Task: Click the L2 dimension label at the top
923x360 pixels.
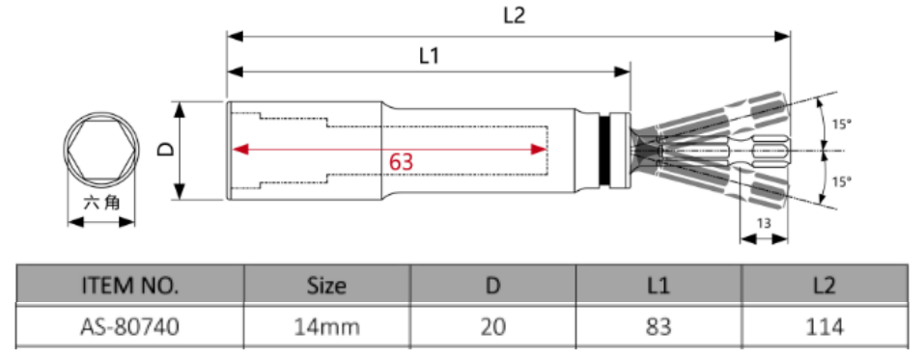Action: [x=514, y=15]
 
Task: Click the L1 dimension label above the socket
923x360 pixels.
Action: [x=429, y=56]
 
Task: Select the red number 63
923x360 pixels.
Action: [x=401, y=162]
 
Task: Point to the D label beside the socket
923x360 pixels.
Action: [x=167, y=150]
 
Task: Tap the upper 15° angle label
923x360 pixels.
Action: [x=842, y=125]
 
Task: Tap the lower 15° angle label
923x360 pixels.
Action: [x=842, y=181]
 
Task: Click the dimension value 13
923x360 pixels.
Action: [x=764, y=224]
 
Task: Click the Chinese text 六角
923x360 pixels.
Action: [x=101, y=204]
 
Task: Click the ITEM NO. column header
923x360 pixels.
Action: [x=130, y=286]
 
